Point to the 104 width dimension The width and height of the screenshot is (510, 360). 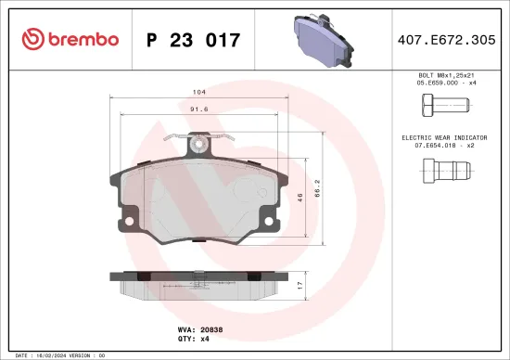[x=199, y=93]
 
